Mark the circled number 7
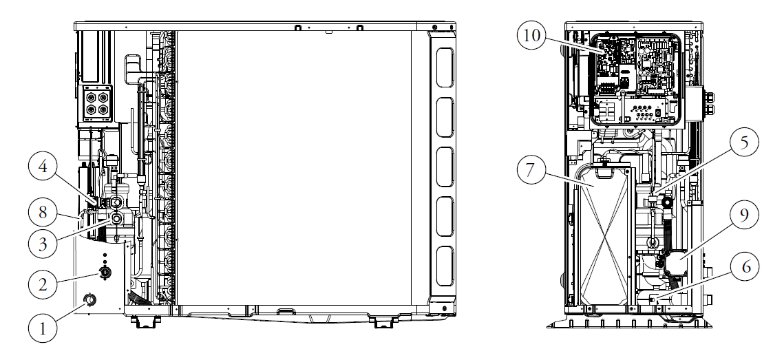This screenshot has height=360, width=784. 529,169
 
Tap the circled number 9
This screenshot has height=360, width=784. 744,214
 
